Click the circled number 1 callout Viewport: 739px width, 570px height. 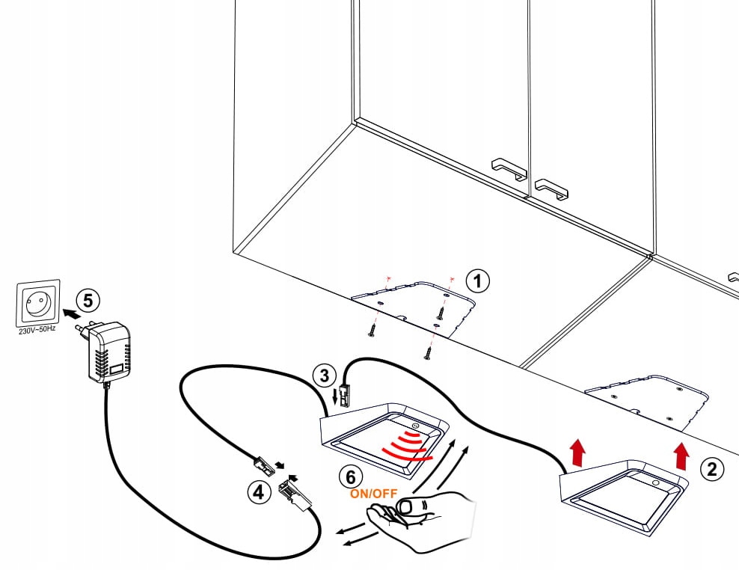click(x=477, y=281)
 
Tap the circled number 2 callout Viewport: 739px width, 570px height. click(x=711, y=469)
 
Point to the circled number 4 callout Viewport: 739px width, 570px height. click(x=257, y=492)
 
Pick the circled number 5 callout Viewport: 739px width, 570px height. click(x=88, y=301)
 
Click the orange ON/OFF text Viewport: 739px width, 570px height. click(x=373, y=494)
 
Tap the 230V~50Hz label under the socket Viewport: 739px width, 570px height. click(x=37, y=329)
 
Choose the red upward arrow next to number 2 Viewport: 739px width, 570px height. click(x=681, y=455)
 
